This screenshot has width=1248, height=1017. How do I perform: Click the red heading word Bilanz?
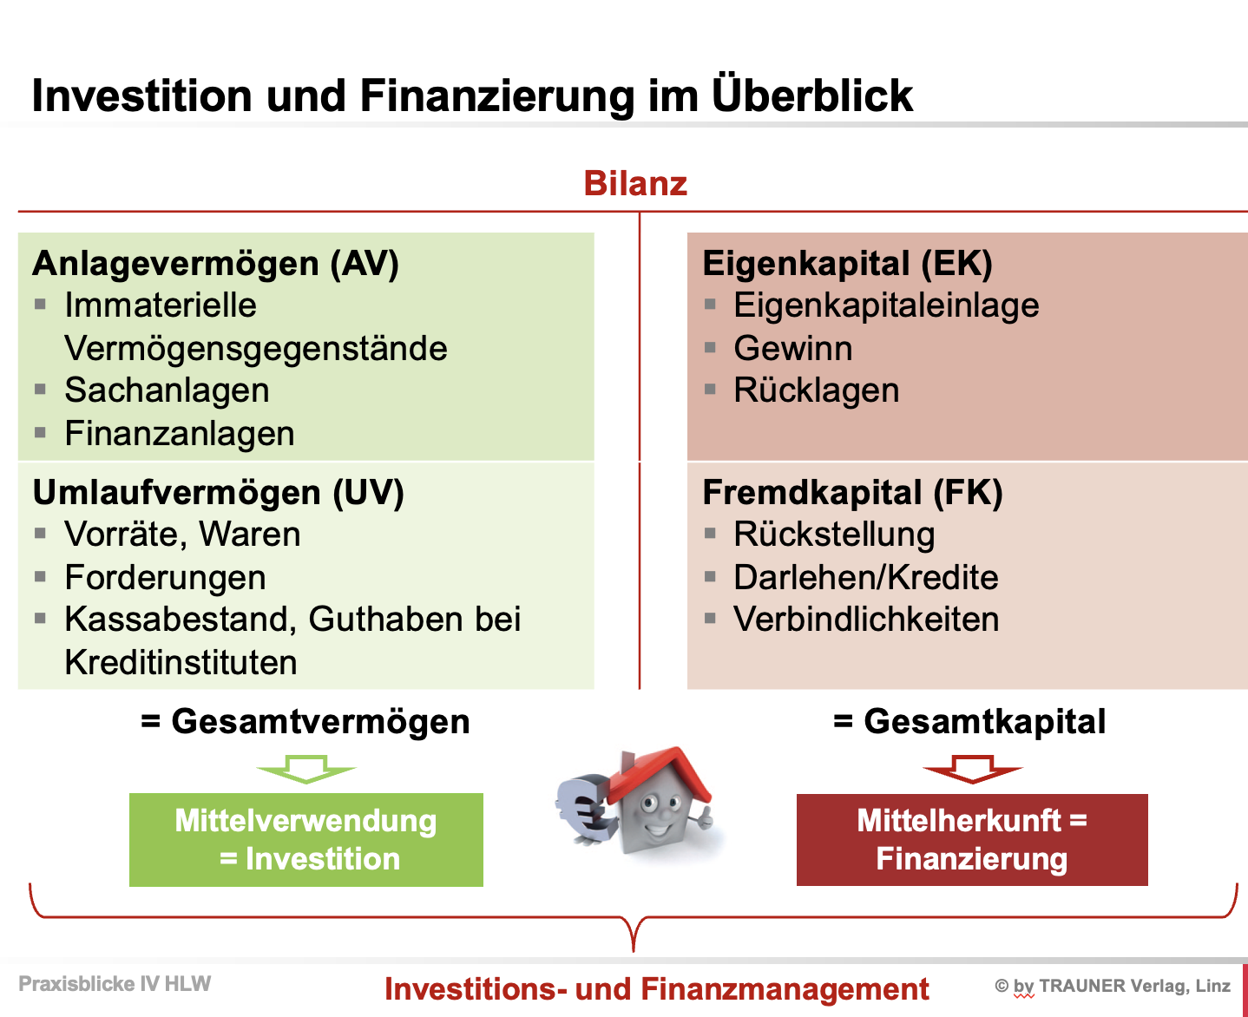coord(635,183)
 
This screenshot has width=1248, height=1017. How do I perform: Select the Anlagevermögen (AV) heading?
coord(215,264)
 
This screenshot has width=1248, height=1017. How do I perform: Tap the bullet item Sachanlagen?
coord(167,390)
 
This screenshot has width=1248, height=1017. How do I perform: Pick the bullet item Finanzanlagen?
coord(180,434)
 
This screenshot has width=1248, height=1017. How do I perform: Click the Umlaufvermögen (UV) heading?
coord(219,493)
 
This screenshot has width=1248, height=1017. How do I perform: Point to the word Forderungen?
coord(165,578)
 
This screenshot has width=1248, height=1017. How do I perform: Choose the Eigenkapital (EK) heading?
coord(847,264)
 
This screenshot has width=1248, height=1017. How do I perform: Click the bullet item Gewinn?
coord(792,349)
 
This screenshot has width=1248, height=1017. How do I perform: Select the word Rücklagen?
coord(816,390)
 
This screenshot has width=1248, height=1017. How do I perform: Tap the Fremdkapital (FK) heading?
coord(852,493)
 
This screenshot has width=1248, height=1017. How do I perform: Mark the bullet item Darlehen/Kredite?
coord(866,578)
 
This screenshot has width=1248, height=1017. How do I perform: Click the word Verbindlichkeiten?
coord(866,620)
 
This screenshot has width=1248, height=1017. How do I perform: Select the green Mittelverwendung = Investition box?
coord(305,839)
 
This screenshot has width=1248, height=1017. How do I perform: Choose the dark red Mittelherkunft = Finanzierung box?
coord(972,839)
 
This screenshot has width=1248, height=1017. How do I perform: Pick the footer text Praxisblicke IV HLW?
coord(115,984)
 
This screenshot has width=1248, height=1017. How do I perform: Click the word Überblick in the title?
coord(812,95)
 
